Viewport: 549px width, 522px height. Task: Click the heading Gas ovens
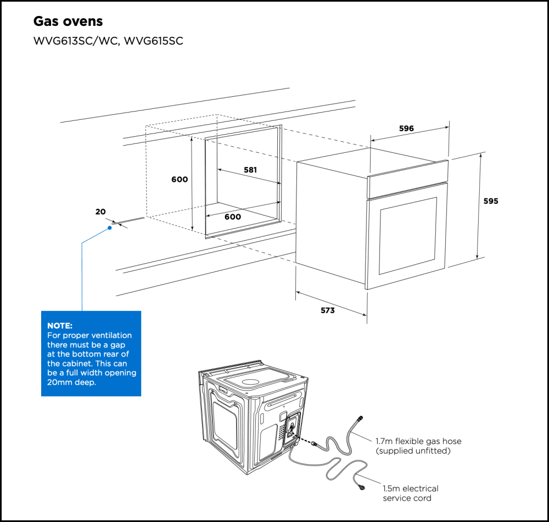click(68, 21)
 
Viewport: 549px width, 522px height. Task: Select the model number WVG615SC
click(154, 42)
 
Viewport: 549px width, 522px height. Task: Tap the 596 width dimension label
click(406, 129)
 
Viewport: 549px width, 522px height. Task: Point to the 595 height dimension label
click(491, 201)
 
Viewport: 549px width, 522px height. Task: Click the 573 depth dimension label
click(328, 310)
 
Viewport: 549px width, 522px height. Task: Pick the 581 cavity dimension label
click(250, 170)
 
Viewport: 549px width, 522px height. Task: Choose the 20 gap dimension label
click(100, 212)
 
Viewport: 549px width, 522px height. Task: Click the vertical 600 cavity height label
click(180, 180)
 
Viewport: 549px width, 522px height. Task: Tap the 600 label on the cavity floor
click(233, 216)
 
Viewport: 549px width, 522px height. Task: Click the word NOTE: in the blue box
click(60, 326)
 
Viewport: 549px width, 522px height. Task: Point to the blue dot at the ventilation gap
click(110, 227)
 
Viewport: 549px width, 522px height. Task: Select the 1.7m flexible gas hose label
click(418, 441)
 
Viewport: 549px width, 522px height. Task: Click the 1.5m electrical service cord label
click(411, 488)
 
